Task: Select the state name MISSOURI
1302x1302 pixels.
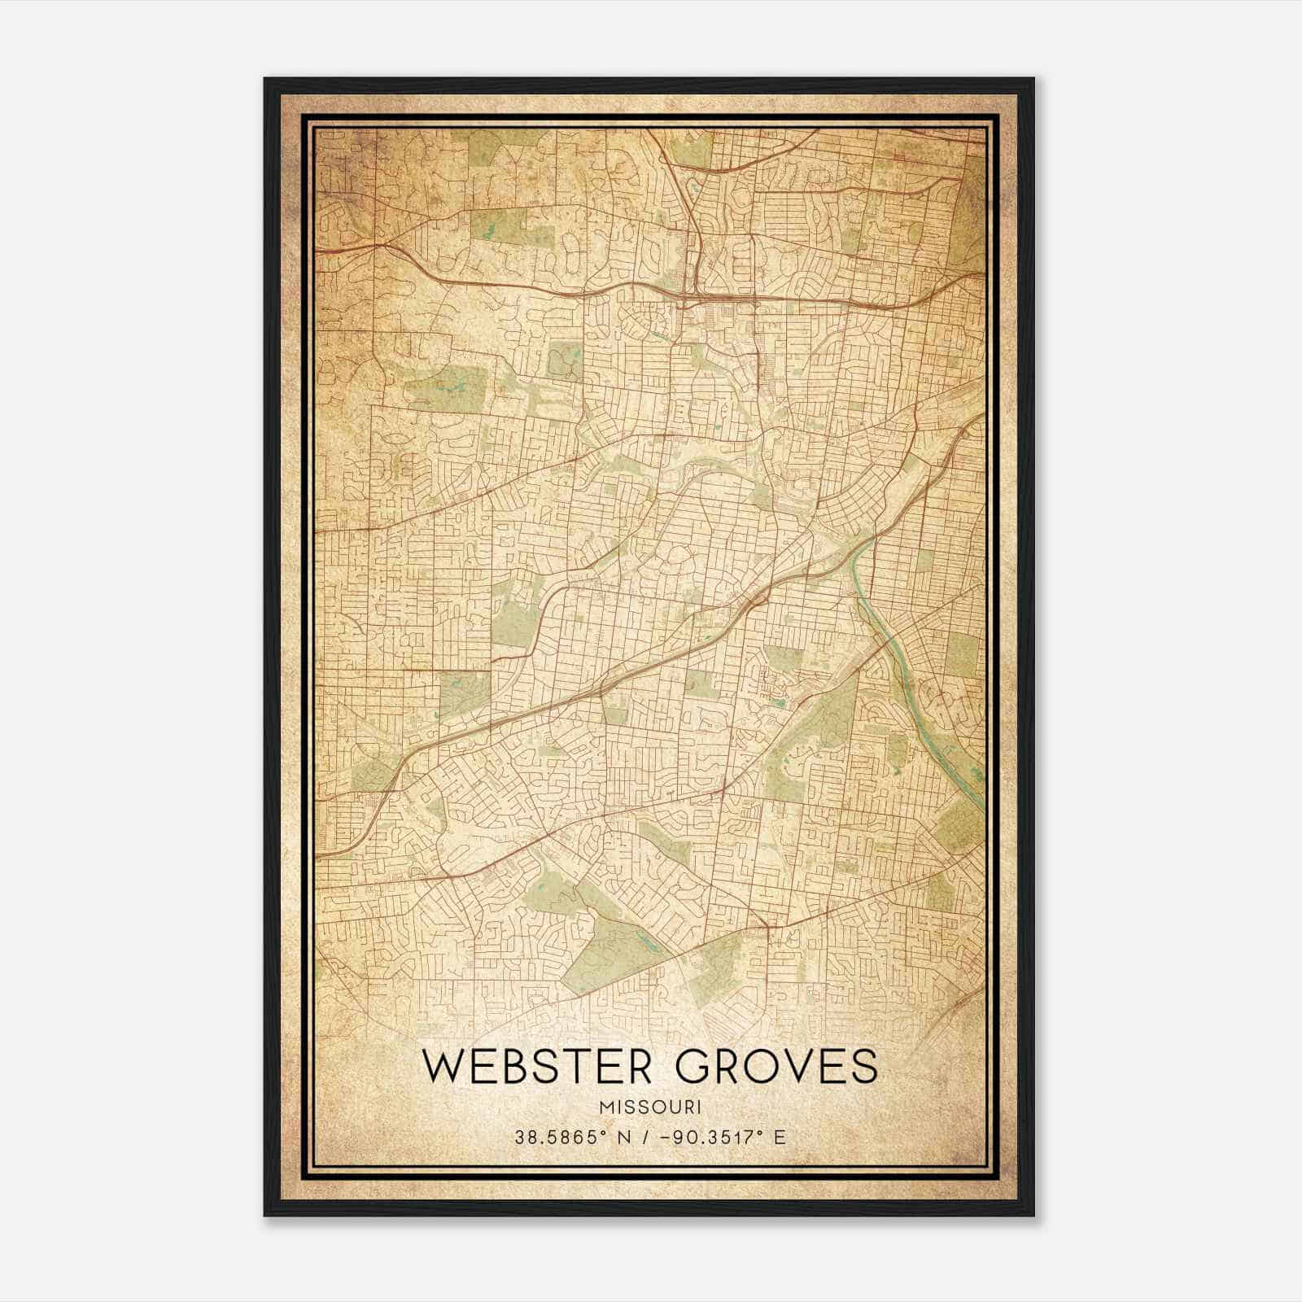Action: coord(650,1108)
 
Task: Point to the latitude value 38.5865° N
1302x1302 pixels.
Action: coord(567,1138)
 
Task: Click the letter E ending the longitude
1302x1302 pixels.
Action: coord(780,1138)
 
